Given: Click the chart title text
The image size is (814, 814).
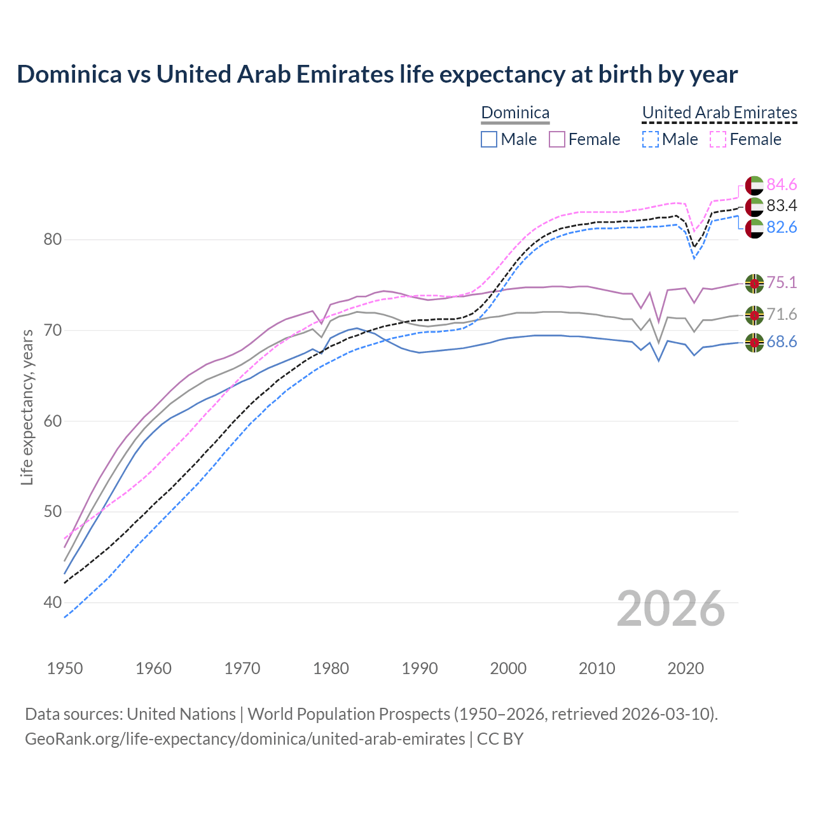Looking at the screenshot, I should (x=377, y=74).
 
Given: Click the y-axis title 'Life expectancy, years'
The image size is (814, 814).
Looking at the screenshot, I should (x=27, y=407).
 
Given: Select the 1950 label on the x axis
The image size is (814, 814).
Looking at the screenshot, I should (x=65, y=668).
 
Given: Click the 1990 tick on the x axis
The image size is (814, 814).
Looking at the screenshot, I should (x=420, y=668).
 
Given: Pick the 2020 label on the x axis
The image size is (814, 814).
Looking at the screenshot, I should (x=686, y=668).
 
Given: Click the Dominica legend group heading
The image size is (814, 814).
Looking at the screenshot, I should (x=515, y=113).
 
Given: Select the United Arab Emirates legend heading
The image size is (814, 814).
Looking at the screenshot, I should (x=719, y=113).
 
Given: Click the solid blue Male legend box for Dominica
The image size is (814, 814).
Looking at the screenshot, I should (x=488, y=139).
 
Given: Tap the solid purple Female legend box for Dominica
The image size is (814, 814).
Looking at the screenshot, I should (x=557, y=139).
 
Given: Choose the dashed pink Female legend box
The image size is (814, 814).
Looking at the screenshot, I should (x=718, y=139).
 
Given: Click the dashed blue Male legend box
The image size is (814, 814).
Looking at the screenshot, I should (x=650, y=139).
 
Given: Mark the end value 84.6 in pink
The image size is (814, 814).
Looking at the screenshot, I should (x=782, y=184).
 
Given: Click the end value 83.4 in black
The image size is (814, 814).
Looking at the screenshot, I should (x=782, y=205).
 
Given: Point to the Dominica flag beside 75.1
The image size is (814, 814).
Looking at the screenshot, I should (x=754, y=283).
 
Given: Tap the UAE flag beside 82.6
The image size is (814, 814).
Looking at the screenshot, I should (x=754, y=228).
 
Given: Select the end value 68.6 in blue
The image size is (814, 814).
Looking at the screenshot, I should (x=782, y=342).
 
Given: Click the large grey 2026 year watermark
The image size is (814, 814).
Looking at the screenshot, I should (x=671, y=609).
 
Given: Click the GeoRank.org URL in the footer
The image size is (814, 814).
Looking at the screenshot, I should (x=245, y=739).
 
